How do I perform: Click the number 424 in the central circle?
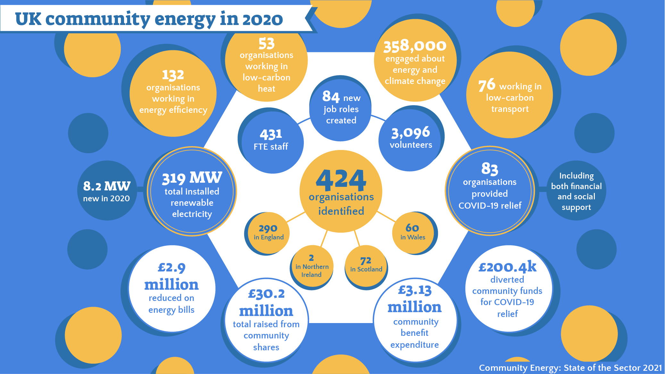tap(341, 180)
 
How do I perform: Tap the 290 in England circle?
tap(268, 233)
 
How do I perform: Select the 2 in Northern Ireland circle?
tap(312, 266)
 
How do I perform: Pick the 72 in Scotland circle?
tap(366, 265)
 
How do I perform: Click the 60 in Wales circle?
tap(413, 232)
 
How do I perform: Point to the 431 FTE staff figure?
tap(271, 135)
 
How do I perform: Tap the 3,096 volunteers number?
tap(411, 133)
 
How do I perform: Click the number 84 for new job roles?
tap(331, 96)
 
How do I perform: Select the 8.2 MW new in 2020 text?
tap(107, 186)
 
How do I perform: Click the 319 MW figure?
tap(192, 178)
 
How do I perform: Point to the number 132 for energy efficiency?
tap(173, 75)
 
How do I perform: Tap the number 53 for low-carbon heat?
tap(266, 44)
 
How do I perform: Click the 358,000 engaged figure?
tap(415, 46)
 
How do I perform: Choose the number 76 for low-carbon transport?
tap(487, 85)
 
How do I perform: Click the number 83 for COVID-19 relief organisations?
tap(489, 169)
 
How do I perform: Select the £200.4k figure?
tap(507, 267)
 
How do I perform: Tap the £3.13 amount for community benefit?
tap(415, 290)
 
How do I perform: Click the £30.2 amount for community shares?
tap(266, 294)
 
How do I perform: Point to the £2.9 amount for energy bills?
tap(171, 268)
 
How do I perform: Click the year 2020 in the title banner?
tap(262, 19)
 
